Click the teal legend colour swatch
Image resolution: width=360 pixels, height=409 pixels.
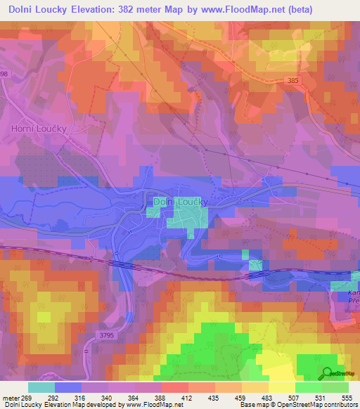(x=41, y=387)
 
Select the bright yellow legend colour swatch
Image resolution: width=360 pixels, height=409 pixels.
(x=281, y=387)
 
